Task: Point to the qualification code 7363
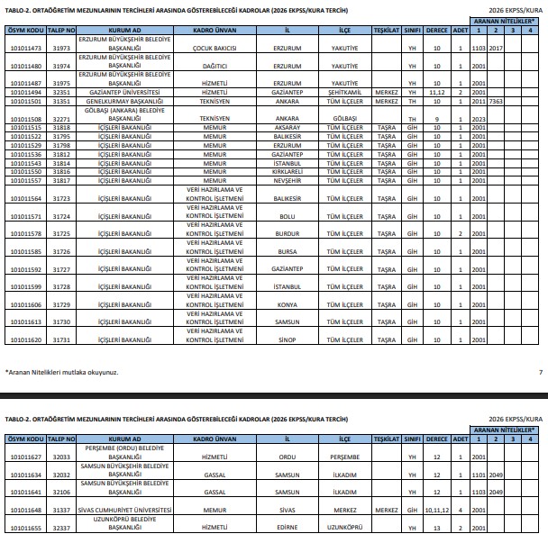point(496,101)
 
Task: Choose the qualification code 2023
point(479,119)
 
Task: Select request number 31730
point(61,321)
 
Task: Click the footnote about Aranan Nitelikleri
point(61,372)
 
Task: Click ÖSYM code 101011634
point(25,474)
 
